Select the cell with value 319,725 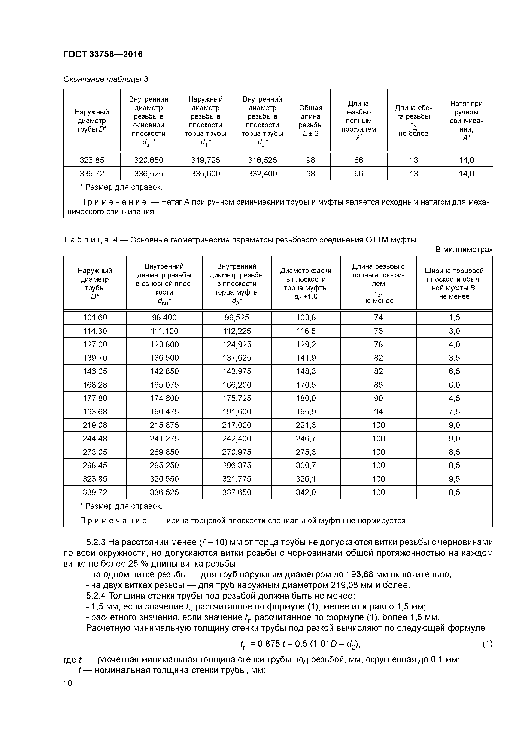pos(206,160)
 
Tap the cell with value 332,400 pos(262,174)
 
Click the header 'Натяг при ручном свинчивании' pos(466,120)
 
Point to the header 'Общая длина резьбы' pos(310,120)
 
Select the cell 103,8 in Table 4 pos(306,317)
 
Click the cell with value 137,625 pos(237,358)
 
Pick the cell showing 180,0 pos(306,398)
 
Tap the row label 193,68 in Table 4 pos(95,412)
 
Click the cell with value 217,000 pos(237,425)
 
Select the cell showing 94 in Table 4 pos(378,412)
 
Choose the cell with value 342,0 pos(306,492)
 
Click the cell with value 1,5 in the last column pos(454,317)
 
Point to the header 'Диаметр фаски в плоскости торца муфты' pos(306,283)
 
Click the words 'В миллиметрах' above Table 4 pos(464,250)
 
